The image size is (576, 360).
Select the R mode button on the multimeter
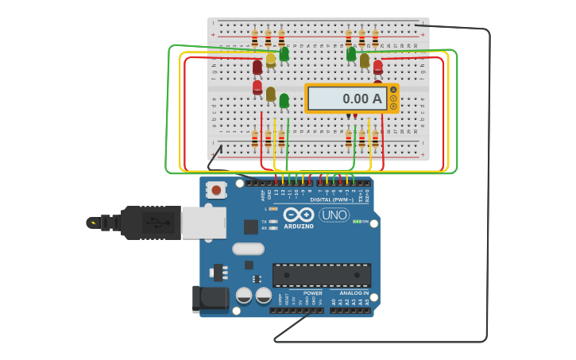[x=393, y=106]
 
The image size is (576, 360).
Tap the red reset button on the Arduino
[x=215, y=190]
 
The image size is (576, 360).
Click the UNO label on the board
[x=334, y=215]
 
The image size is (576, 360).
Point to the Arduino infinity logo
[x=298, y=215]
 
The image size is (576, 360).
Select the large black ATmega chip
[x=322, y=275]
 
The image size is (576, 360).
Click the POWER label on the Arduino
[x=312, y=293]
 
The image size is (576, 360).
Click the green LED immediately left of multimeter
[x=284, y=101]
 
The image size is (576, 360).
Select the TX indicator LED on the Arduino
[x=273, y=221]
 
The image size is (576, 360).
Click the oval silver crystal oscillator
[x=248, y=249]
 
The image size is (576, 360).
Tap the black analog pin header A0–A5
[x=350, y=310]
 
